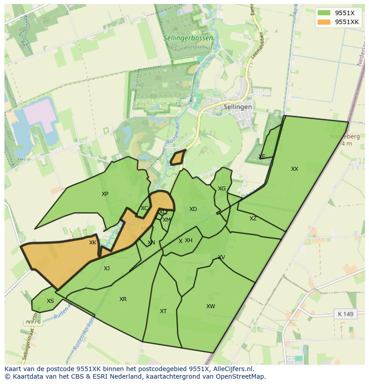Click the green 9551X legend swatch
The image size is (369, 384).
coord(324,13)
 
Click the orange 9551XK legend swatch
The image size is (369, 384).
coord(324,22)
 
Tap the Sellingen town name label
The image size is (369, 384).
coord(238,107)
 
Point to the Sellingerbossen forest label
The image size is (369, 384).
coord(188,38)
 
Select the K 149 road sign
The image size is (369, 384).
coord(345,314)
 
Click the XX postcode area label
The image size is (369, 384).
coord(294,169)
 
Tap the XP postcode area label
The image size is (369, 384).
coord(105,194)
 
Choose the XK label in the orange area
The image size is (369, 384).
coord(93,243)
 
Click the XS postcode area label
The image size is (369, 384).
coord(50,301)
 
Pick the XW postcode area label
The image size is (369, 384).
coord(210,306)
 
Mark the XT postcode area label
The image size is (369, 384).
coord(163,311)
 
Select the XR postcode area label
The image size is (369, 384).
coord(123,299)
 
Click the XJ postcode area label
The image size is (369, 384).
coord(107,268)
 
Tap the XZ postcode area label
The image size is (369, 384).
coord(253,219)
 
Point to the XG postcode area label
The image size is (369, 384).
coord(221,189)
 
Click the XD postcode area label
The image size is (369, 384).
coord(193,209)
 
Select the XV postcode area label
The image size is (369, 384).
coord(221,257)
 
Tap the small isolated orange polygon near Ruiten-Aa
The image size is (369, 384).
coord(178,157)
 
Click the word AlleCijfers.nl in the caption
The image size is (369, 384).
coord(231,369)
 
